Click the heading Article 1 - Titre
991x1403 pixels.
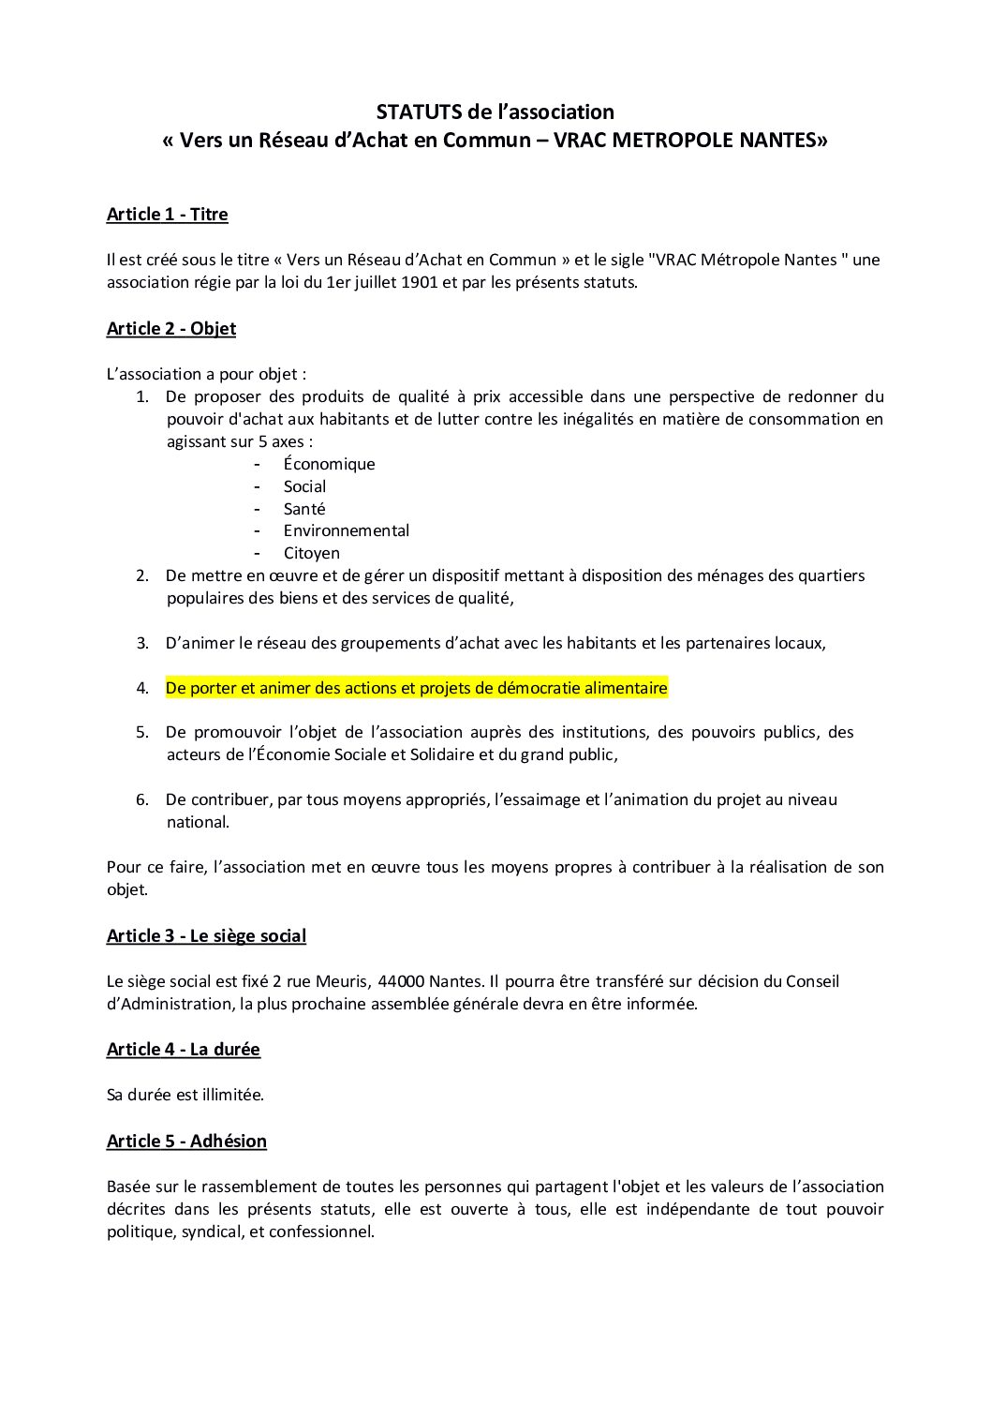click(x=167, y=215)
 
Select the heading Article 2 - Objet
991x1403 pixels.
click(x=170, y=329)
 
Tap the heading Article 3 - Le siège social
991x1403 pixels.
click(x=206, y=936)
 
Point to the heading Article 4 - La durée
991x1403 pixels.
click(x=183, y=1050)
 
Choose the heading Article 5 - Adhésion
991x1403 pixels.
click(x=186, y=1142)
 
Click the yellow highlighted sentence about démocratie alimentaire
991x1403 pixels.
click(x=416, y=689)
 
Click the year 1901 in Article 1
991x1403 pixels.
click(x=420, y=282)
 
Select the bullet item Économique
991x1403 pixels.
click(x=329, y=465)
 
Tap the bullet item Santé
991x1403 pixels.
click(x=304, y=509)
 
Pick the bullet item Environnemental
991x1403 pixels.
click(x=346, y=531)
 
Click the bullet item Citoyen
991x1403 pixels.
click(x=311, y=554)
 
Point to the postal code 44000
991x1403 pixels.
click(x=401, y=982)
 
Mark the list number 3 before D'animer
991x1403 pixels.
click(x=142, y=644)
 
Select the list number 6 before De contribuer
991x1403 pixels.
click(x=142, y=800)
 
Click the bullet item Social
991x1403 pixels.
click(x=304, y=487)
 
